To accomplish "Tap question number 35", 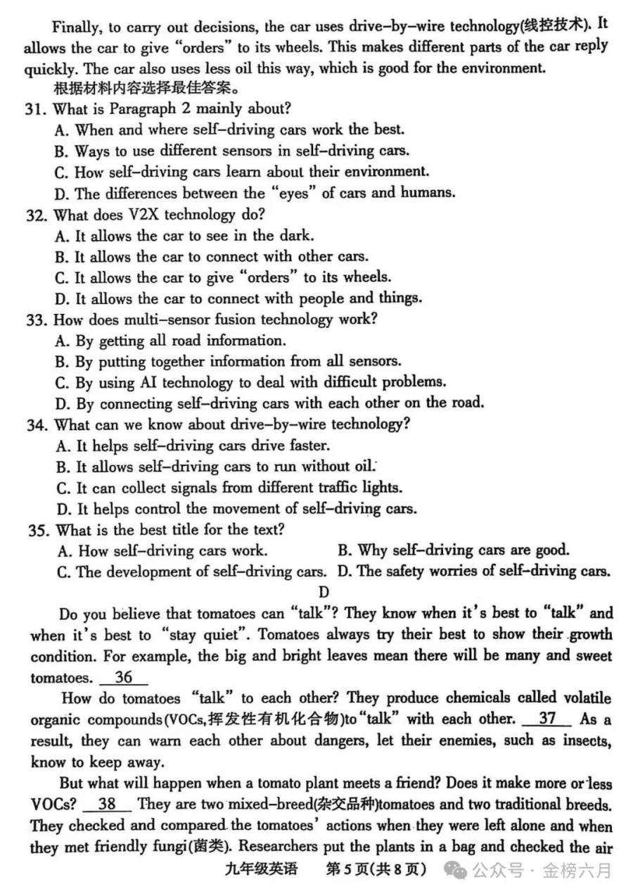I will [35, 529].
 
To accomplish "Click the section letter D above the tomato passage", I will [324, 593].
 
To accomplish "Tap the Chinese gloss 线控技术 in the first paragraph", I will [560, 27].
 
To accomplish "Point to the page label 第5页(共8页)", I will [376, 869].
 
